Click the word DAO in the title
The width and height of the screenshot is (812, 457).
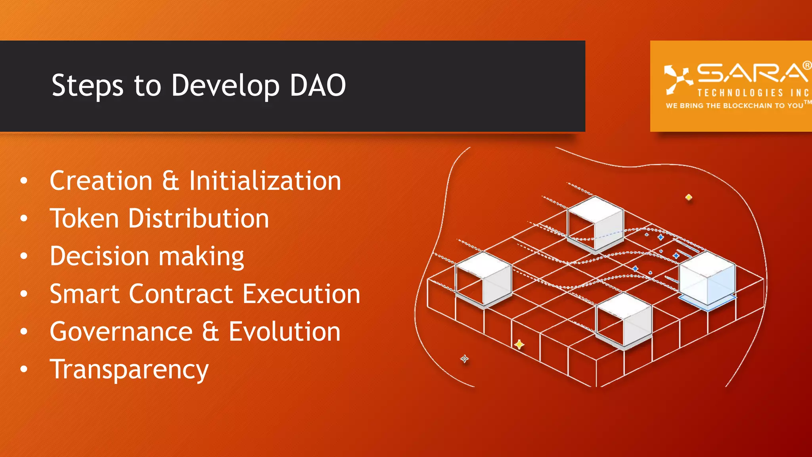(x=318, y=85)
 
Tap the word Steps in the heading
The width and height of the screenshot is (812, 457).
(x=87, y=86)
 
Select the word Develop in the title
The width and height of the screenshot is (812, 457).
(x=225, y=86)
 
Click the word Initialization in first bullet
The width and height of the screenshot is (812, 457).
(x=265, y=181)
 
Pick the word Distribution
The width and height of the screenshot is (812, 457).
(x=198, y=219)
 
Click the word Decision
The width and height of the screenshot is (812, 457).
(x=100, y=256)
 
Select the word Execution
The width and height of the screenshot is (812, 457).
(x=301, y=294)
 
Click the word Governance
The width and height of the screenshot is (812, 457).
(x=121, y=332)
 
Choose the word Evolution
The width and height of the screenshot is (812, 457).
(x=284, y=332)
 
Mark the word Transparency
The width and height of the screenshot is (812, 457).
(x=129, y=370)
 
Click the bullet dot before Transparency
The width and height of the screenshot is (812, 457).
(x=24, y=369)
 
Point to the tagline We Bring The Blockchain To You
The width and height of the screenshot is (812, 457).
(x=734, y=106)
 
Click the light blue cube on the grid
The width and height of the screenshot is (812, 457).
(x=707, y=280)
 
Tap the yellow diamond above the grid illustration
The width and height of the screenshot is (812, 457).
(x=689, y=197)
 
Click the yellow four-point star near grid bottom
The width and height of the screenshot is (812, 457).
(x=519, y=344)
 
